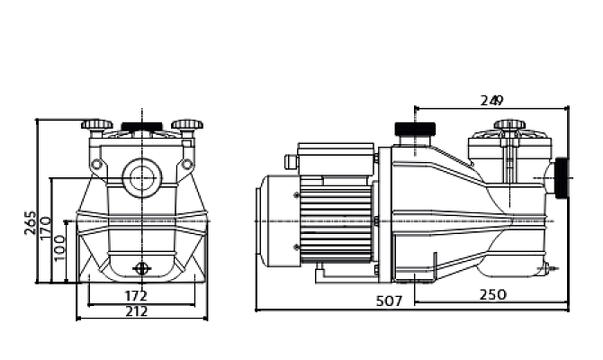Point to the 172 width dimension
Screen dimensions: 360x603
point(136,294)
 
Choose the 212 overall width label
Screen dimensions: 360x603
point(136,311)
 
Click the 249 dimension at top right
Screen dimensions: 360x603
point(491,99)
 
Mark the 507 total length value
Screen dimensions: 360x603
point(388,302)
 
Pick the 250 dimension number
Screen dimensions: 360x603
point(493,294)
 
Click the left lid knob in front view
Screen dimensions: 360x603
point(96,125)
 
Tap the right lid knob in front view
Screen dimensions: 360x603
point(186,125)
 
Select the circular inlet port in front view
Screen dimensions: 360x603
point(141,175)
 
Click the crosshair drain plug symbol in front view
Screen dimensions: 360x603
point(141,267)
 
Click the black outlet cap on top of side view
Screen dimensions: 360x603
point(415,131)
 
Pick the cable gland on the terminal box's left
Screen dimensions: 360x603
point(291,162)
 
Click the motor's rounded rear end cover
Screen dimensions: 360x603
point(269,220)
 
